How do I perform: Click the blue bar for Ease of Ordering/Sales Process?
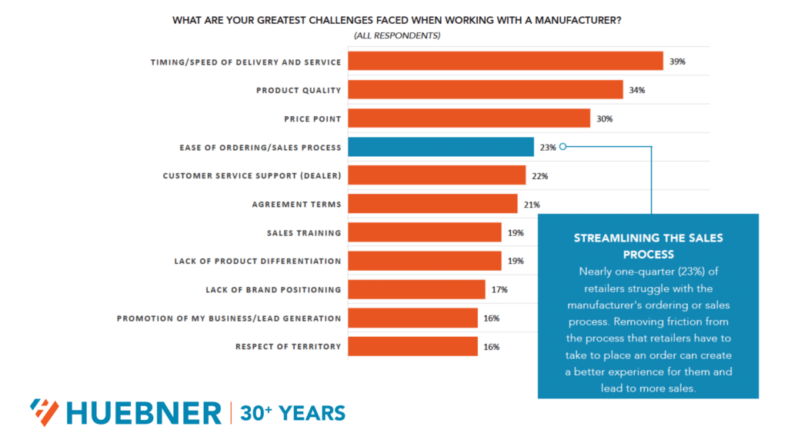[x=440, y=147]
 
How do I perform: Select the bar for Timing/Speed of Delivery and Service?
[x=505, y=62]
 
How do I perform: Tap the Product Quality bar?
[x=485, y=90]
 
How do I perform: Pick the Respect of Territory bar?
[x=412, y=347]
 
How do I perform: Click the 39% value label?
[x=677, y=62]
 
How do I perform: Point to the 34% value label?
[x=636, y=90]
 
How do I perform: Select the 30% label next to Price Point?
[x=604, y=118]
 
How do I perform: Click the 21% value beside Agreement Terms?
[x=532, y=205]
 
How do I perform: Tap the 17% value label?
[x=499, y=290]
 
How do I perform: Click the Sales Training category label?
[x=303, y=233]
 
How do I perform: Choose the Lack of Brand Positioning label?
[x=273, y=290]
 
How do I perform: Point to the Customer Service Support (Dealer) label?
[x=252, y=176]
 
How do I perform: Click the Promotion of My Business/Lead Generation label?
[x=229, y=318]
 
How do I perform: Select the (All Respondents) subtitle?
[x=396, y=36]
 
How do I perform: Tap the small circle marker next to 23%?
[x=563, y=147]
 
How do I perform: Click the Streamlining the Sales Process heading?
[x=648, y=246]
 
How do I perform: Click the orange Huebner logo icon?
[x=44, y=413]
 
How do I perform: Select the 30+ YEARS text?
[x=292, y=413]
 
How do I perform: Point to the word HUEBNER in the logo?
[x=143, y=413]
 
